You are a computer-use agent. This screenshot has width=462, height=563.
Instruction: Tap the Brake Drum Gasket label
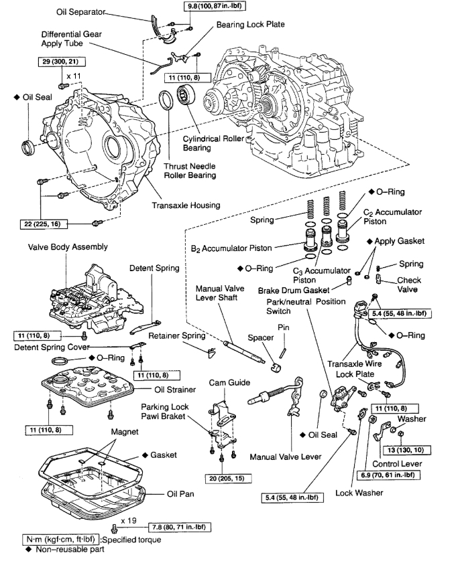click(x=294, y=291)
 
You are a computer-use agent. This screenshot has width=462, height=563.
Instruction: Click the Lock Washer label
click(x=374, y=493)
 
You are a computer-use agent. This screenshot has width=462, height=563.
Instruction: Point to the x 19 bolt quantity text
click(x=129, y=519)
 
